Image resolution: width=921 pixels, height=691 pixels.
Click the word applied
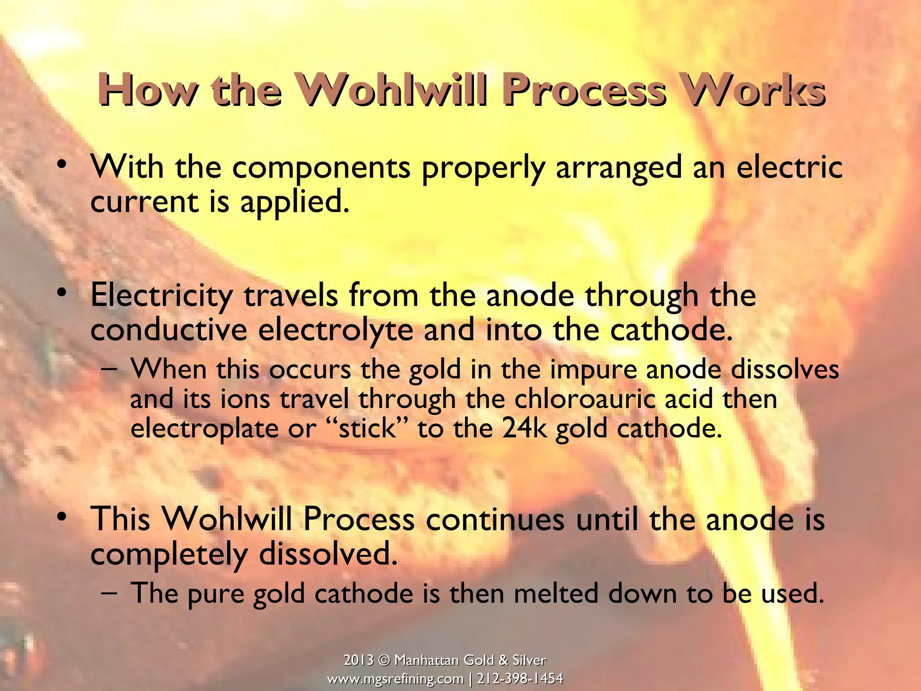295,202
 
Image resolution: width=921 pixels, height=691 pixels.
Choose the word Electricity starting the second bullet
161,296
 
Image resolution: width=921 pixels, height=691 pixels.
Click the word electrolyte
335,331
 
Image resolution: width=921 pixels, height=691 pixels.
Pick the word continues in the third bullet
495,520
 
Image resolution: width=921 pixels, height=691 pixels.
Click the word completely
169,555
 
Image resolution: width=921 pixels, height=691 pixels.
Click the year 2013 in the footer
358,660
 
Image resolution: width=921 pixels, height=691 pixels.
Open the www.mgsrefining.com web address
395,679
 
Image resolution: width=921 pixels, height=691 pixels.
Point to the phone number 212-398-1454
520,679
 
